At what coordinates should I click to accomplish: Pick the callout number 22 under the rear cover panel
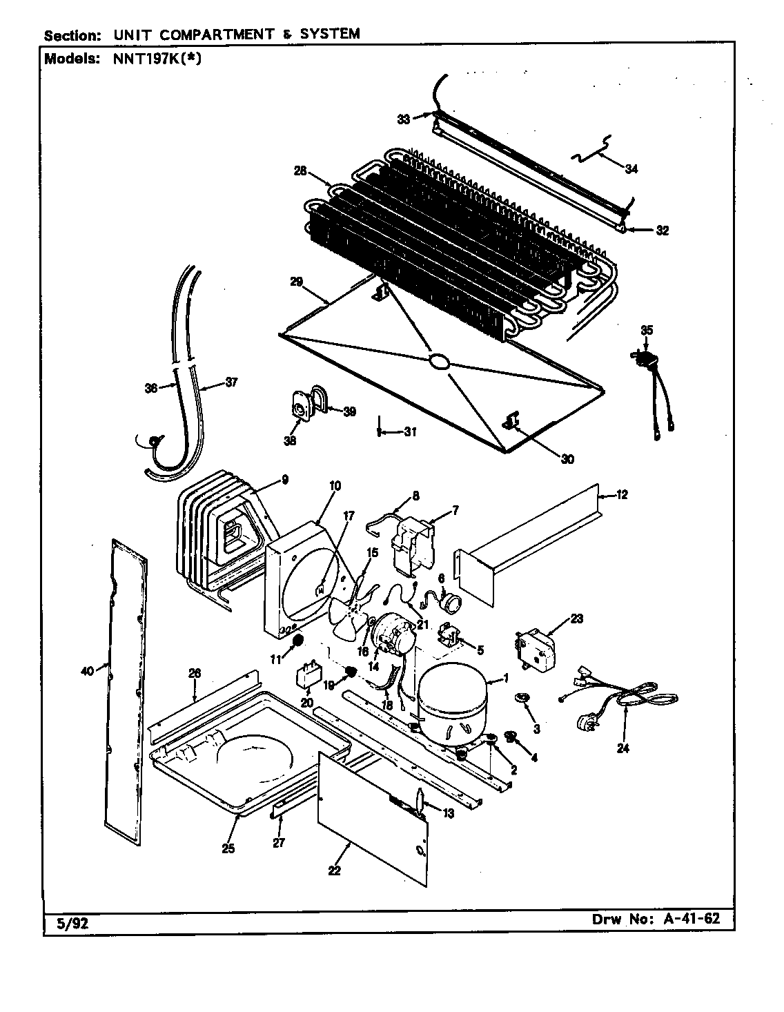tap(334, 870)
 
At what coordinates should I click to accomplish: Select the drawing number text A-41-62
tap(685, 919)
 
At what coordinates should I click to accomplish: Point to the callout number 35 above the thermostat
tap(646, 330)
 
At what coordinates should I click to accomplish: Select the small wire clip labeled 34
tap(592, 153)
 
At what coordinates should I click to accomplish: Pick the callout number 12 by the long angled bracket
tap(622, 494)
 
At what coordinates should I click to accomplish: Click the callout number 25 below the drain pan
tap(228, 848)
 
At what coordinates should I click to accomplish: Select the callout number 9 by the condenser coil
tap(284, 480)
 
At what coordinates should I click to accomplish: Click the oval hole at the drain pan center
tap(438, 360)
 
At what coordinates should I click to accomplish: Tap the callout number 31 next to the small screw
tap(410, 433)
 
